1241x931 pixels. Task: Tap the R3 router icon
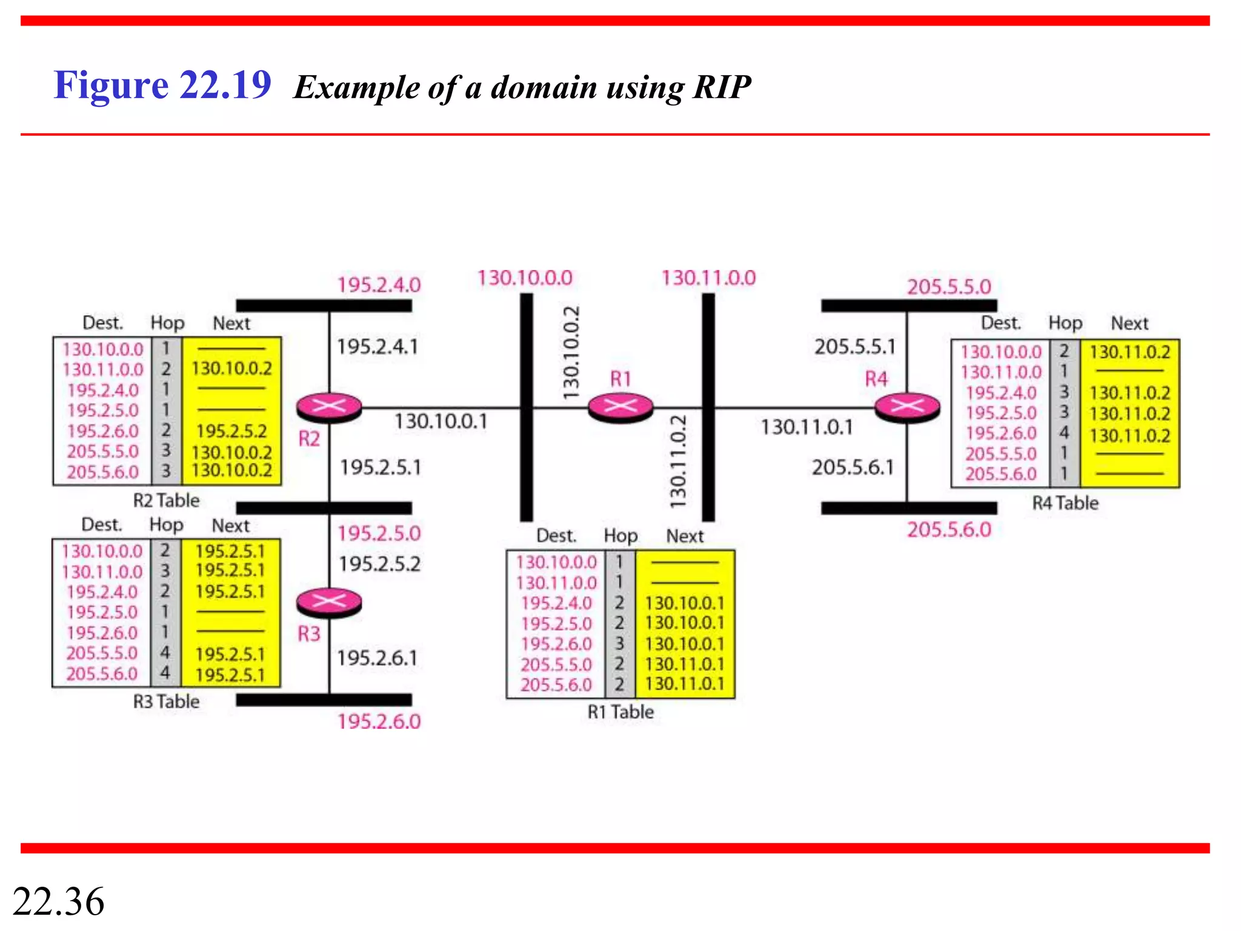[x=329, y=602]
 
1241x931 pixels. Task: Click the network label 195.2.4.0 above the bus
[x=379, y=285]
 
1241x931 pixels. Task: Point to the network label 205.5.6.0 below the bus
[x=949, y=530]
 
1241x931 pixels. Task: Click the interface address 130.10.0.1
[x=441, y=421]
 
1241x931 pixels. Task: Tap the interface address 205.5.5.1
[x=854, y=347]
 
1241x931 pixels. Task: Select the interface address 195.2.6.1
[x=377, y=658]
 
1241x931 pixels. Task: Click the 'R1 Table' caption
[x=620, y=712]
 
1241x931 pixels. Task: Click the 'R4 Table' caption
[x=1065, y=503]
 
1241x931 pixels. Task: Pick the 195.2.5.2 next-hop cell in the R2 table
[x=231, y=431]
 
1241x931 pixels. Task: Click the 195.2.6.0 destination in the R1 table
[x=556, y=644]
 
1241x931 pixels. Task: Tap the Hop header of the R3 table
[x=166, y=525]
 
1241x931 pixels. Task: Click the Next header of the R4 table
[x=1130, y=324]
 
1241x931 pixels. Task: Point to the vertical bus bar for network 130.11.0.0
[x=708, y=473]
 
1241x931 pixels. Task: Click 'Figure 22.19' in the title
[x=162, y=85]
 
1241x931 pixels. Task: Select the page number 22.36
[x=58, y=901]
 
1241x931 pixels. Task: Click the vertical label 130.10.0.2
[x=571, y=353]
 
